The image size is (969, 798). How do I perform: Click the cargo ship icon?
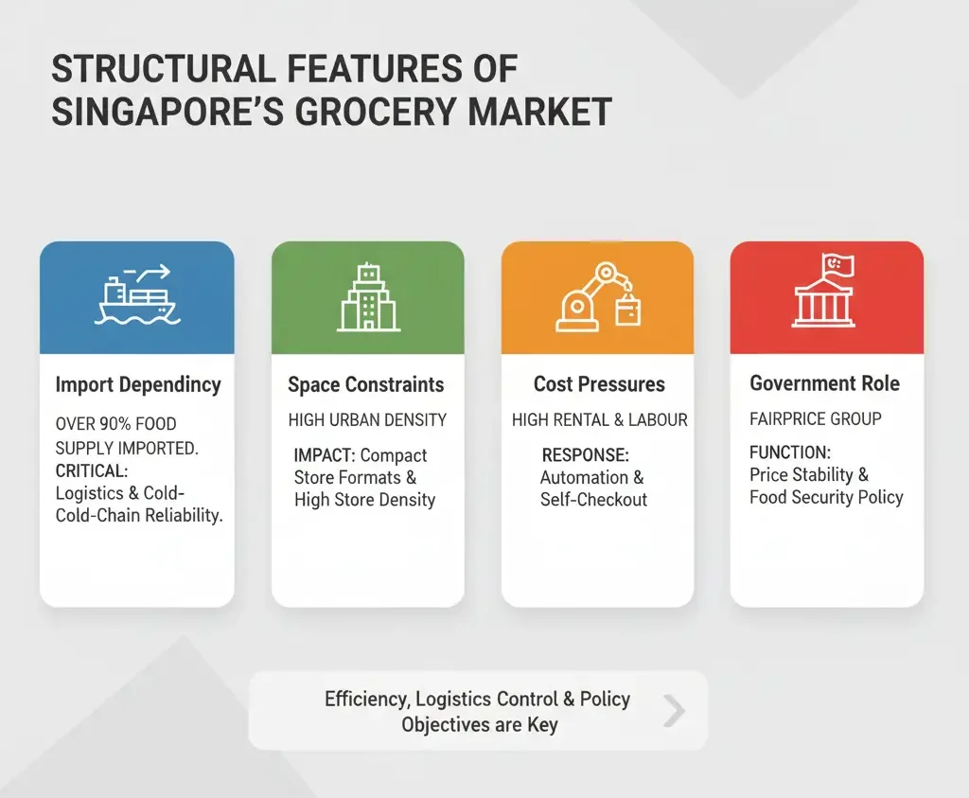point(136,296)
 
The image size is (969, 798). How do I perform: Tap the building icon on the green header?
point(368,297)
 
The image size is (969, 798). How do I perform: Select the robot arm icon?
point(597,296)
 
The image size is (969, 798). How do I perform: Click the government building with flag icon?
point(825,293)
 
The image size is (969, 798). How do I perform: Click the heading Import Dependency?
point(137,384)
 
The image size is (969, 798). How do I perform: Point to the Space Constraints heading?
point(365,384)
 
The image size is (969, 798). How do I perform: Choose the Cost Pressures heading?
point(599,384)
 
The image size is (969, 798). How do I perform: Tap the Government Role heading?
point(824,383)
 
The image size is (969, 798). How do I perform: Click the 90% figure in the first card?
point(115,424)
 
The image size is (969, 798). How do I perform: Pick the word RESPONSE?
point(585,455)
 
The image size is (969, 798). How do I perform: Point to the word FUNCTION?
point(789,452)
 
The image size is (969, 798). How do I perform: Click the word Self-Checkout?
point(593,499)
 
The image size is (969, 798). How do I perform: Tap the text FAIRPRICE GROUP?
point(815,418)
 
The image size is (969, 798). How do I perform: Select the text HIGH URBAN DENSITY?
point(367,419)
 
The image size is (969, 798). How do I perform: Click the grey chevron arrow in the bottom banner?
point(674,711)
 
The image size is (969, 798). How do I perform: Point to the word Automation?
point(584,477)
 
